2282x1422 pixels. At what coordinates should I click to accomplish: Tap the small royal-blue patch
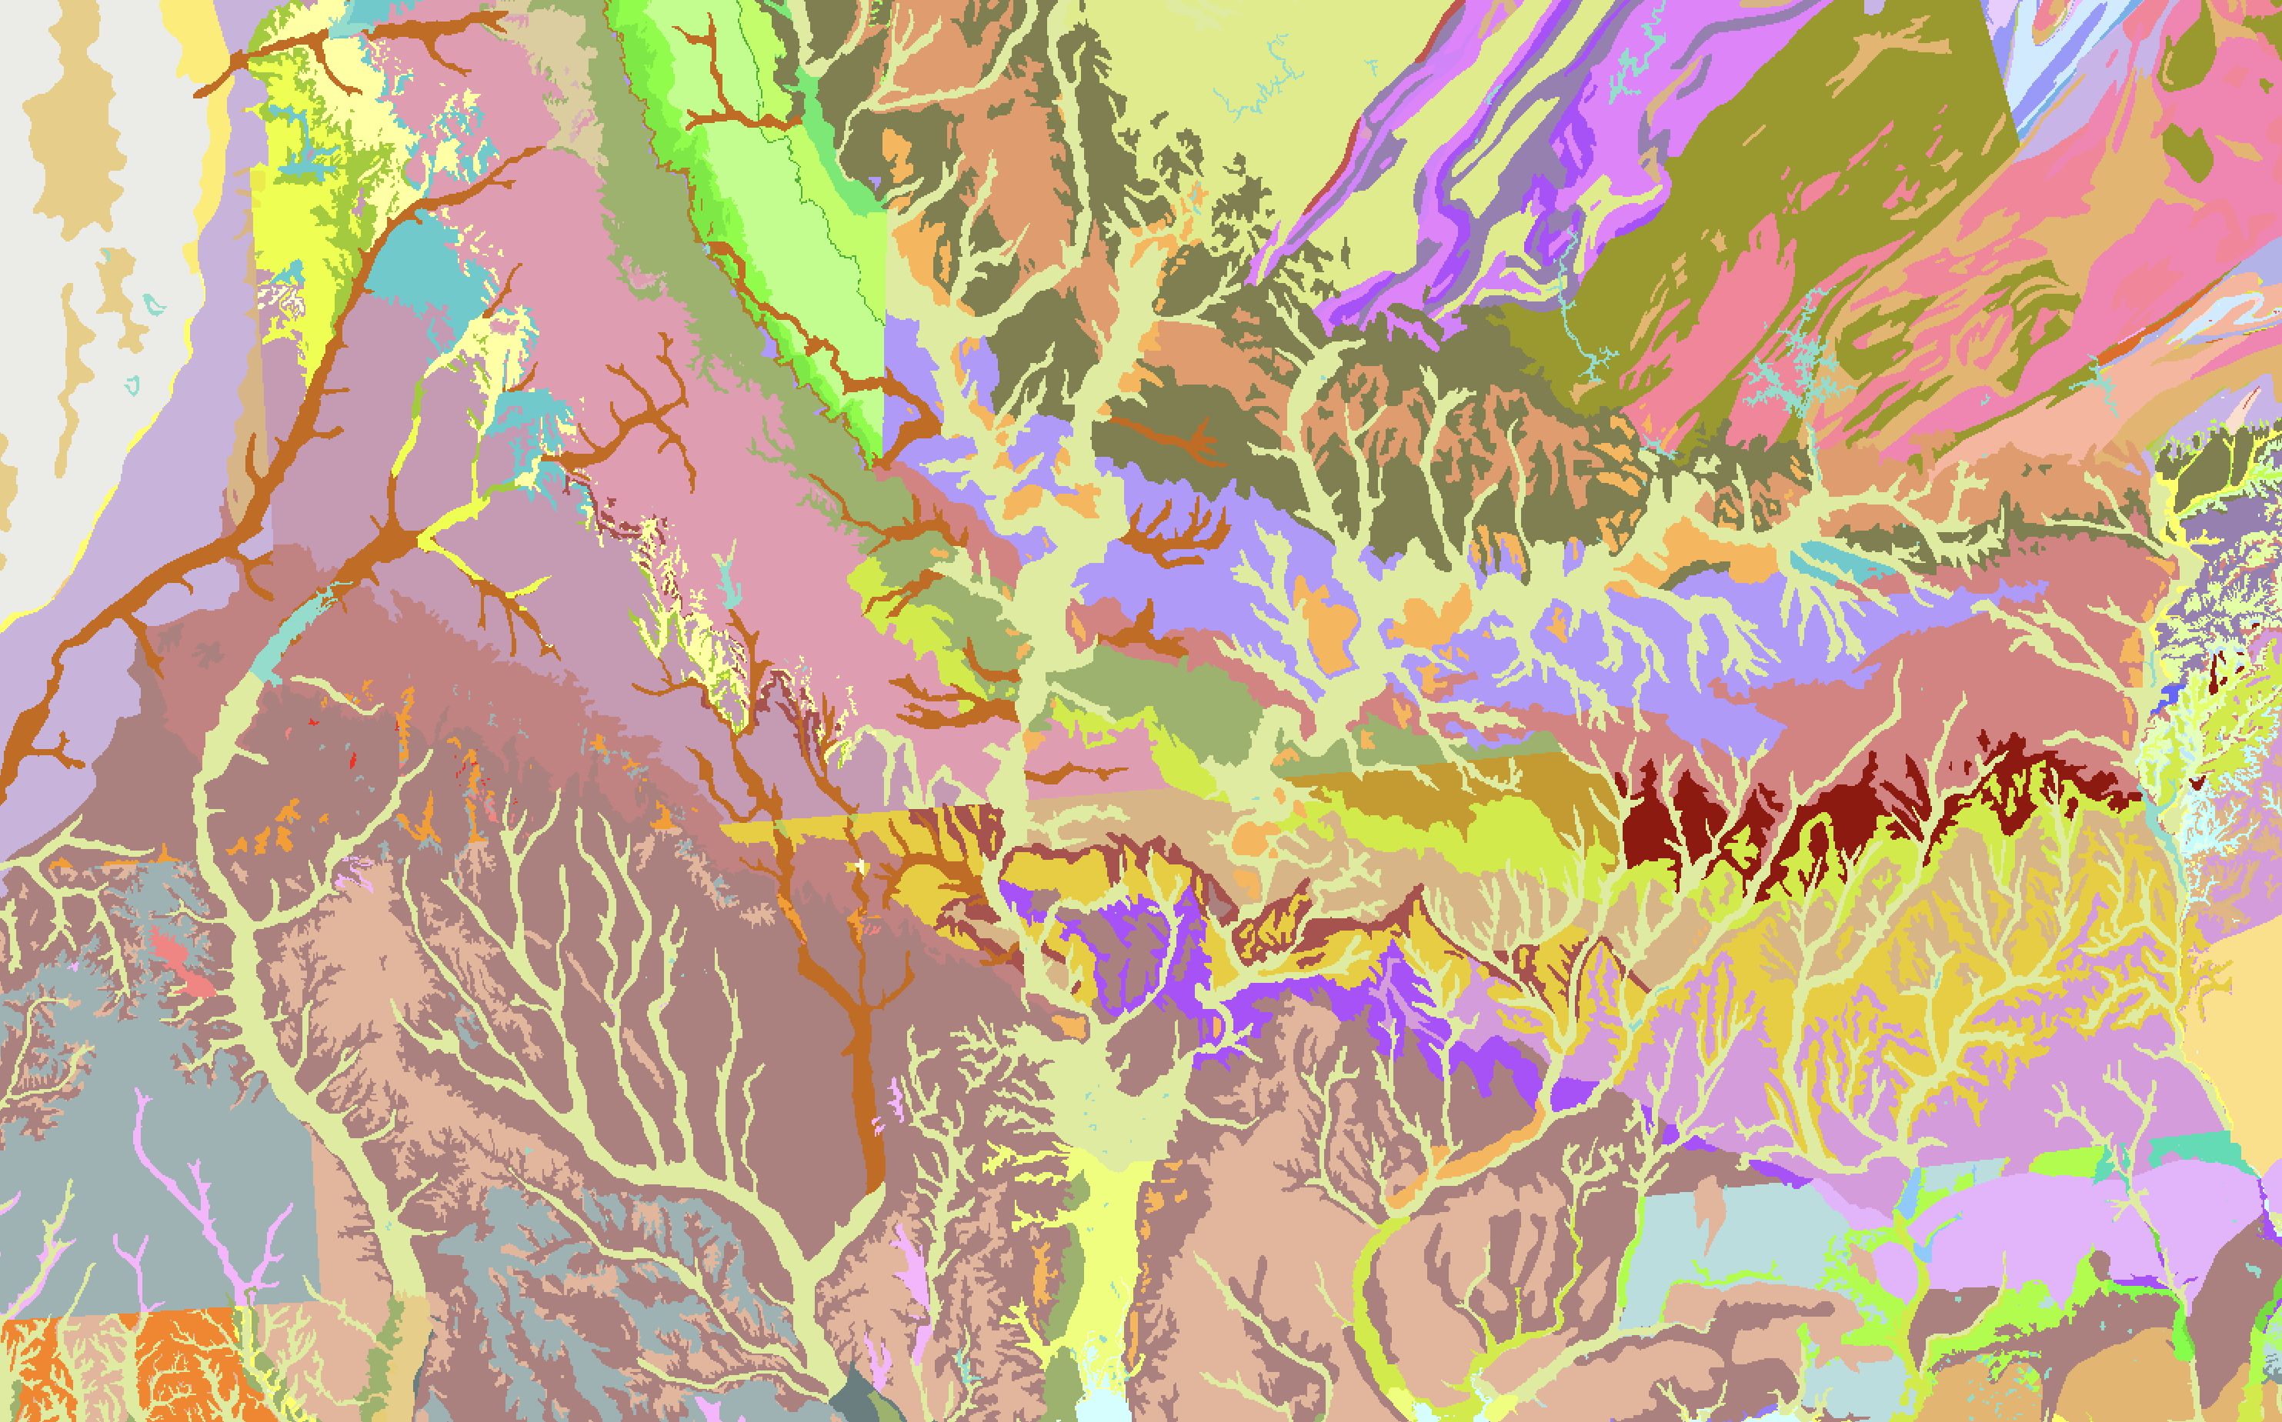[x=2169, y=696]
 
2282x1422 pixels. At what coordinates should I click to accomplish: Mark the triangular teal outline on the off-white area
[x=132, y=385]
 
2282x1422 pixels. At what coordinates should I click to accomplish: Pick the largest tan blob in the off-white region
[x=75, y=122]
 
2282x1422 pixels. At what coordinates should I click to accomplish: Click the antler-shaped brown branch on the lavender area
[x=1176, y=536]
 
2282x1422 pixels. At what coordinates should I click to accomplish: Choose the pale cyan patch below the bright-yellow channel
[x=1100, y=1392]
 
